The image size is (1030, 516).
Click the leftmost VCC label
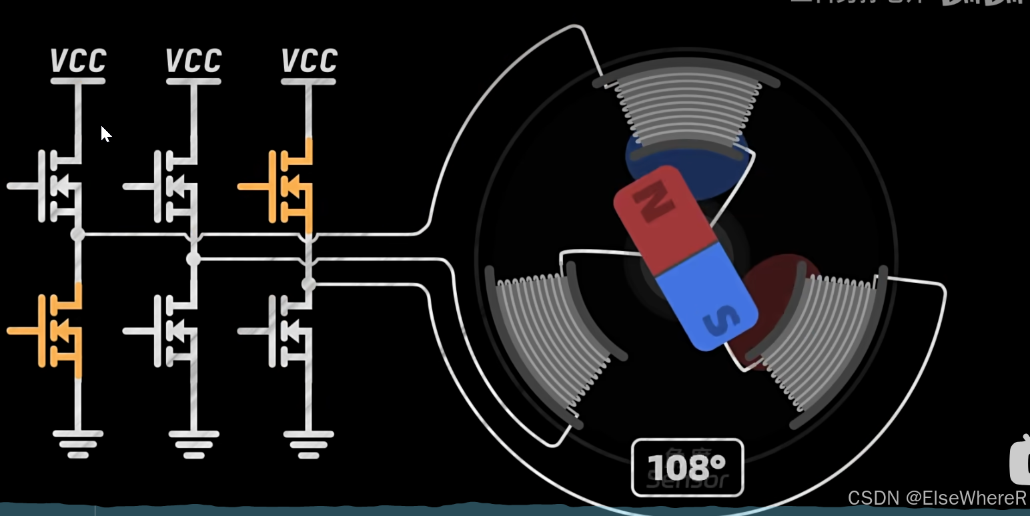click(78, 61)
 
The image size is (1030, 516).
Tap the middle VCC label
click(193, 61)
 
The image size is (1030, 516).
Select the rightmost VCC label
click(309, 61)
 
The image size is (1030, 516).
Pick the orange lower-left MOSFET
click(57, 330)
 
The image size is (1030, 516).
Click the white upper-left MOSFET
click(57, 186)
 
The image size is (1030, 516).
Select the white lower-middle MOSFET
click(173, 330)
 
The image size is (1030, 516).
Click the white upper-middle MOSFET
click(173, 186)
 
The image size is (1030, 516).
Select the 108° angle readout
click(686, 467)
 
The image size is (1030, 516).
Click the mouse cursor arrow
click(105, 134)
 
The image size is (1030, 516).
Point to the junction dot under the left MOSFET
click(78, 234)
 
